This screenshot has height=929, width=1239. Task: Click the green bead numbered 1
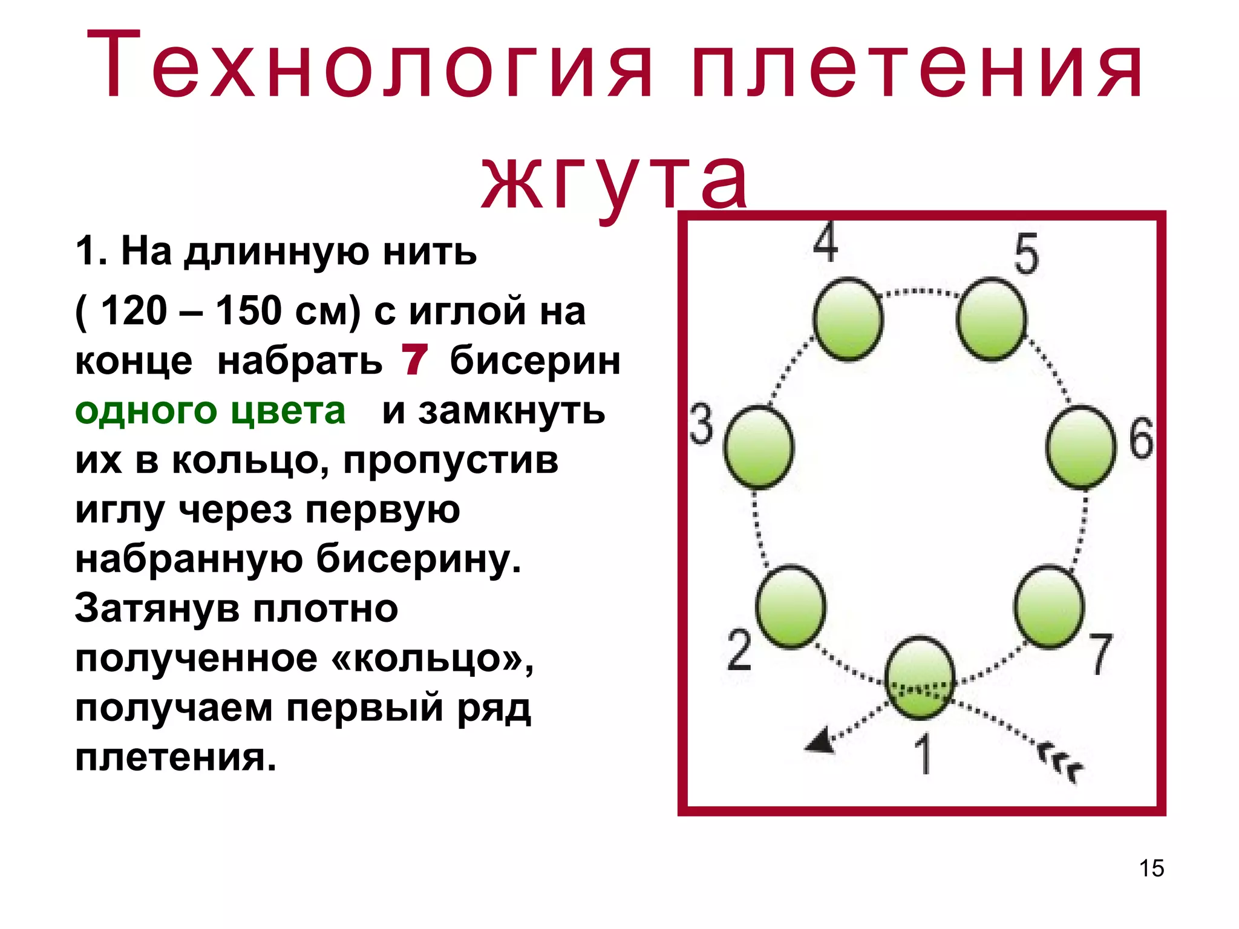(x=920, y=678)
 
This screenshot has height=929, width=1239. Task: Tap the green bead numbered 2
(x=791, y=607)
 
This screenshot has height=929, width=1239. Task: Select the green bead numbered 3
(x=759, y=447)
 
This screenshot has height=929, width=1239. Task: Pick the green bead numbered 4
(x=848, y=319)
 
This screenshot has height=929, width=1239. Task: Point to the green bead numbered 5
(x=992, y=319)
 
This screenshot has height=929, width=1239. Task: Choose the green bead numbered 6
(x=1080, y=447)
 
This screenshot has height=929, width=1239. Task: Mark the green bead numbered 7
(x=1049, y=607)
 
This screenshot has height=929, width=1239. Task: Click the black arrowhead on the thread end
(x=820, y=742)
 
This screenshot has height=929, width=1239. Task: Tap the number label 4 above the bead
(x=826, y=243)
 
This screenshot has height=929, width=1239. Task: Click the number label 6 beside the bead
(x=1142, y=438)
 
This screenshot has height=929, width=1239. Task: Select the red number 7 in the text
(x=414, y=360)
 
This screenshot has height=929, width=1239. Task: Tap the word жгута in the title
(x=615, y=179)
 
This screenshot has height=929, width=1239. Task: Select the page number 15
(x=1151, y=868)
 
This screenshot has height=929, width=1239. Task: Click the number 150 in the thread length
(x=249, y=311)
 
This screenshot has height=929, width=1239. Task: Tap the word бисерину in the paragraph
(x=418, y=559)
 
